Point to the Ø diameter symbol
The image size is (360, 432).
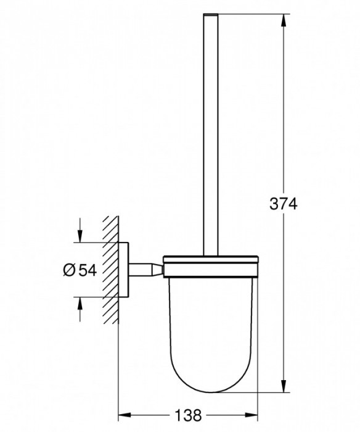pyautogui.click(x=69, y=269)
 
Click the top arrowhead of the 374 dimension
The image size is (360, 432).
pyautogui.click(x=284, y=20)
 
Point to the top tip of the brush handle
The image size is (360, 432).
pyautogui.click(x=210, y=14)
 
